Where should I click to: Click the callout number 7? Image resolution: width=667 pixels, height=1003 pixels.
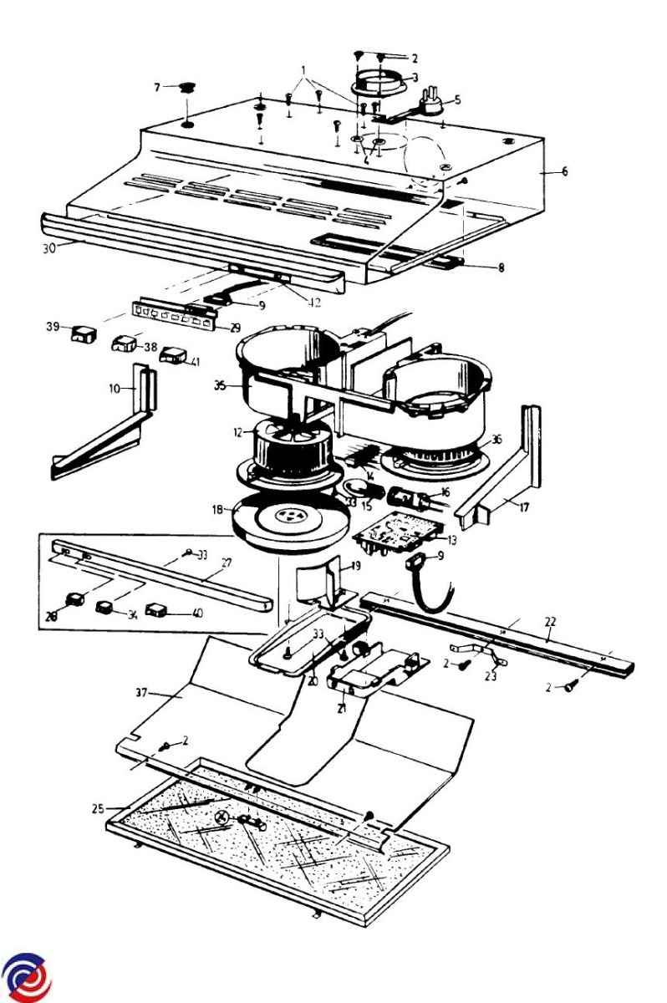click(x=156, y=86)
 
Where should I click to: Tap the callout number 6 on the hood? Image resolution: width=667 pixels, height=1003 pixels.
click(x=565, y=171)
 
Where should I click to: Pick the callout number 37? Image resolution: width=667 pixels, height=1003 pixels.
click(x=142, y=692)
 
